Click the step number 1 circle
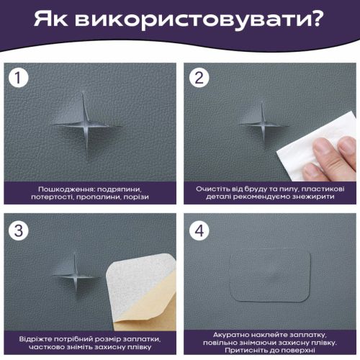pyautogui.click(x=19, y=78)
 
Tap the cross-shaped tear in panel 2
pyautogui.click(x=264, y=125)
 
